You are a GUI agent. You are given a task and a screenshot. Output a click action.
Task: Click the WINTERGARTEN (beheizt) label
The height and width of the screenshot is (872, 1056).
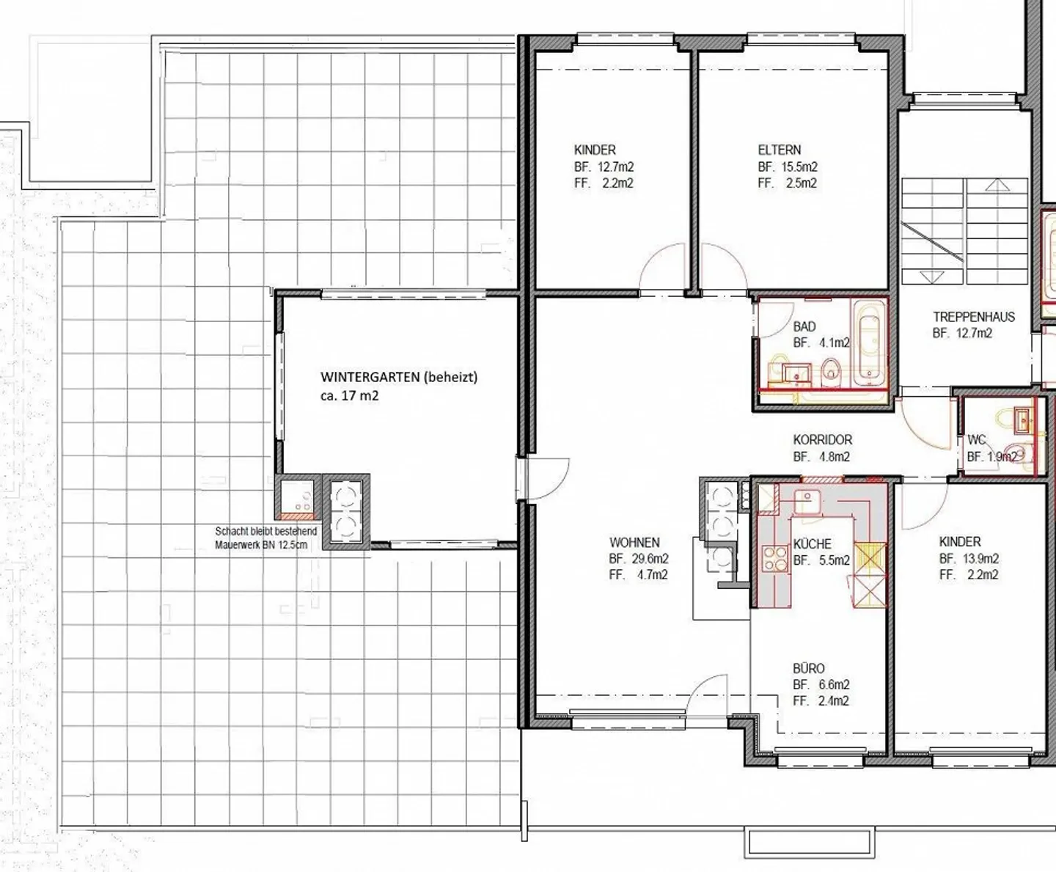click(x=399, y=377)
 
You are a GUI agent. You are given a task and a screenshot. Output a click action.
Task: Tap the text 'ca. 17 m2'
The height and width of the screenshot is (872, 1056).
click(x=350, y=395)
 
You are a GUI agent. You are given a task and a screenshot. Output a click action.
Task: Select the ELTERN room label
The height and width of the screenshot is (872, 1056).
click(x=780, y=150)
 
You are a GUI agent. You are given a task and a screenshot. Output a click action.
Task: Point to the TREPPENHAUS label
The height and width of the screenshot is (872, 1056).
click(x=974, y=317)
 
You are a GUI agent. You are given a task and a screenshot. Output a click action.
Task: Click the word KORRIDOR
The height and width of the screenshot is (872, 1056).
click(x=822, y=439)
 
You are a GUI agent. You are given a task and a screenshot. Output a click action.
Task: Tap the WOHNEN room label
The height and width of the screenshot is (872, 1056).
click(x=634, y=543)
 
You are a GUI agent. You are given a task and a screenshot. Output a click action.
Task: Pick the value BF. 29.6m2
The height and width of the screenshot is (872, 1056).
click(x=639, y=559)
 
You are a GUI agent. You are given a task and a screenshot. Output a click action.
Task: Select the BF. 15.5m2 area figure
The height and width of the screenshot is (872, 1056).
click(x=788, y=166)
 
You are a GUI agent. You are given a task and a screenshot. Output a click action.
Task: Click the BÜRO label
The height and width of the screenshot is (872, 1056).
click(x=809, y=669)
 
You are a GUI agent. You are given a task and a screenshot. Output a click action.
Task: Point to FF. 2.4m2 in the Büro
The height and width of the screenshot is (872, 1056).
click(x=821, y=701)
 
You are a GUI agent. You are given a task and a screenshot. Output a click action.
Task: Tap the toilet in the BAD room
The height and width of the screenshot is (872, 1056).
click(x=831, y=368)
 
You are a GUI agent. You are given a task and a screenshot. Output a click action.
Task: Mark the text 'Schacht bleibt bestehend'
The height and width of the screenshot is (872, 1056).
click(x=266, y=532)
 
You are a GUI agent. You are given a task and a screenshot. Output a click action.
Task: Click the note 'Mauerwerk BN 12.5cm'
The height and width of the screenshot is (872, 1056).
click(x=261, y=545)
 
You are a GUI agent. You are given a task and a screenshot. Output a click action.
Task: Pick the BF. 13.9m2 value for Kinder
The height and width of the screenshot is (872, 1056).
click(x=969, y=559)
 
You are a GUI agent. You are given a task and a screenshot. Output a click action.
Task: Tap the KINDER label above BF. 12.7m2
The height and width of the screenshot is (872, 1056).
click(x=595, y=150)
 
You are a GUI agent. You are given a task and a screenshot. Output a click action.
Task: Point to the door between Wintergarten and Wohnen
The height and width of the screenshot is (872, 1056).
click(x=547, y=478)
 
